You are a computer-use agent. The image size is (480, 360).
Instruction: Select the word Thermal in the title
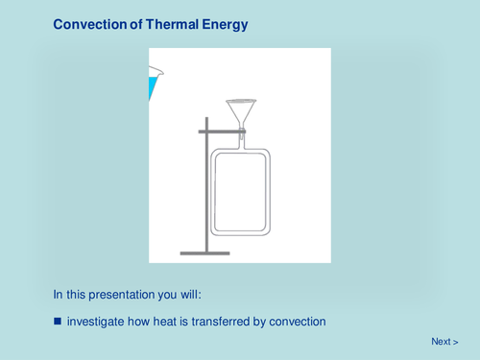tap(171, 26)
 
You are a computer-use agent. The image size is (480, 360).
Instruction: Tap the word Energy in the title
tap(224, 26)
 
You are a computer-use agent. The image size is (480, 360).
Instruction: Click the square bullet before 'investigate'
tap(58, 321)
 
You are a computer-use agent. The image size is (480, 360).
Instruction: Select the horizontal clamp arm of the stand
tap(218, 130)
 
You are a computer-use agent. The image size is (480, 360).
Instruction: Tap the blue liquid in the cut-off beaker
tap(152, 89)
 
